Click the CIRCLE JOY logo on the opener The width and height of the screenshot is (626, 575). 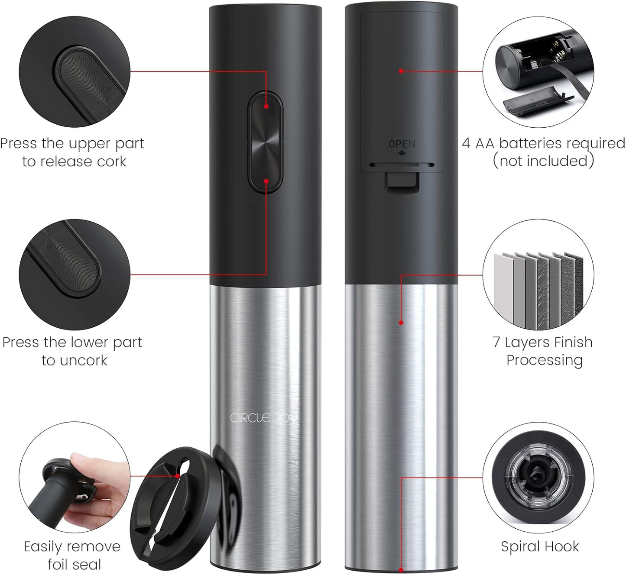pyautogui.click(x=263, y=418)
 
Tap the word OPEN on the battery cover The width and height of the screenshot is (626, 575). pyautogui.click(x=402, y=144)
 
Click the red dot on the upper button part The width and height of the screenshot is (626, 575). pyautogui.click(x=266, y=107)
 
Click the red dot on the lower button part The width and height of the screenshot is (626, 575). pyautogui.click(x=266, y=181)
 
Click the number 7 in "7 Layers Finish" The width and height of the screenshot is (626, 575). pyautogui.click(x=496, y=342)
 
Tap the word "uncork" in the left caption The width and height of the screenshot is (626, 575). pyautogui.click(x=83, y=360)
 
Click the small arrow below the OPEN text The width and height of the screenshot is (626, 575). pyautogui.click(x=402, y=153)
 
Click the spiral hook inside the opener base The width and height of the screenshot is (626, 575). pyautogui.click(x=538, y=478)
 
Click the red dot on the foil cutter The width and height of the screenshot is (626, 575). pyautogui.click(x=178, y=476)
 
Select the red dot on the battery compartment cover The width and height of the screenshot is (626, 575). pyautogui.click(x=401, y=71)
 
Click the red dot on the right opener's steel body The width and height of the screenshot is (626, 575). pyautogui.click(x=401, y=323)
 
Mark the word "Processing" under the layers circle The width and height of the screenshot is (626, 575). pyautogui.click(x=545, y=361)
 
